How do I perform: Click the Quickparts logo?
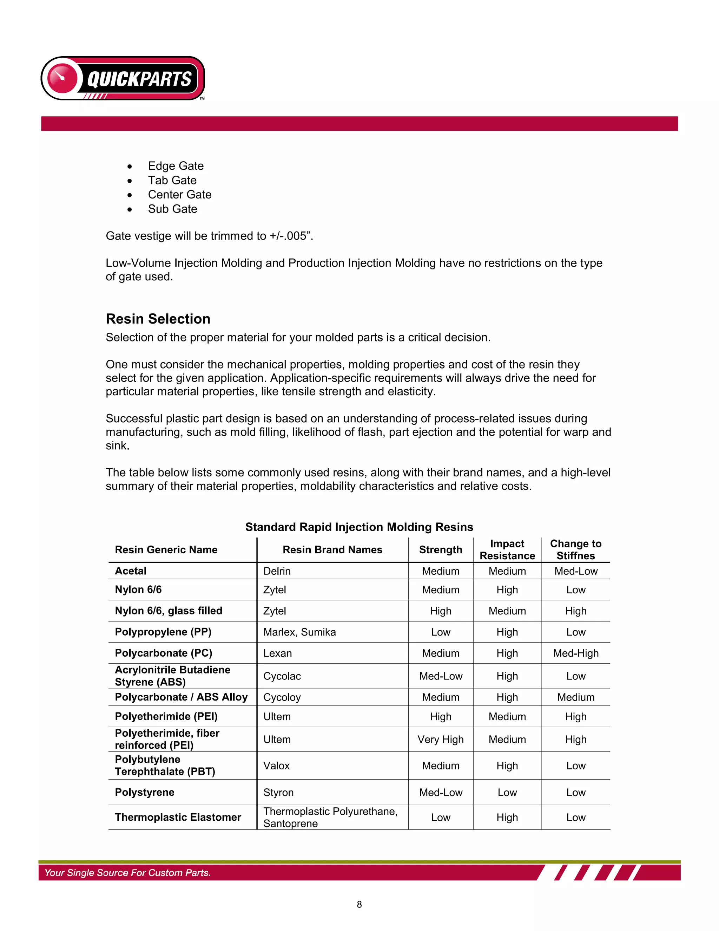tap(123, 78)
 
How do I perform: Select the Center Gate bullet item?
tap(179, 195)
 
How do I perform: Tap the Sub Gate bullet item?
tap(172, 209)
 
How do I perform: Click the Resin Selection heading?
tap(158, 319)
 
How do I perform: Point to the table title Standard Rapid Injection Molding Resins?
tap(359, 527)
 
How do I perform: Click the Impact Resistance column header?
tap(507, 550)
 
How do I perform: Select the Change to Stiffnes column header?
tap(575, 550)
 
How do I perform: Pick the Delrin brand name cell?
tap(277, 571)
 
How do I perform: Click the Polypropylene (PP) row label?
tap(163, 632)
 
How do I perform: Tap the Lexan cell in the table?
tap(278, 653)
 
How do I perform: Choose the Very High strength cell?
tap(441, 740)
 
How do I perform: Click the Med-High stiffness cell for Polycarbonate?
tap(575, 653)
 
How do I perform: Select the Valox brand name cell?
tap(276, 766)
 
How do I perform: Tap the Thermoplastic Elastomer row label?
tap(178, 818)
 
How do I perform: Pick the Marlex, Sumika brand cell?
tap(299, 632)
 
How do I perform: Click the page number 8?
tap(359, 905)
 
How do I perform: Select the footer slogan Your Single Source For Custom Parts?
tap(128, 873)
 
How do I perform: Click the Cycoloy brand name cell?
tap(282, 697)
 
